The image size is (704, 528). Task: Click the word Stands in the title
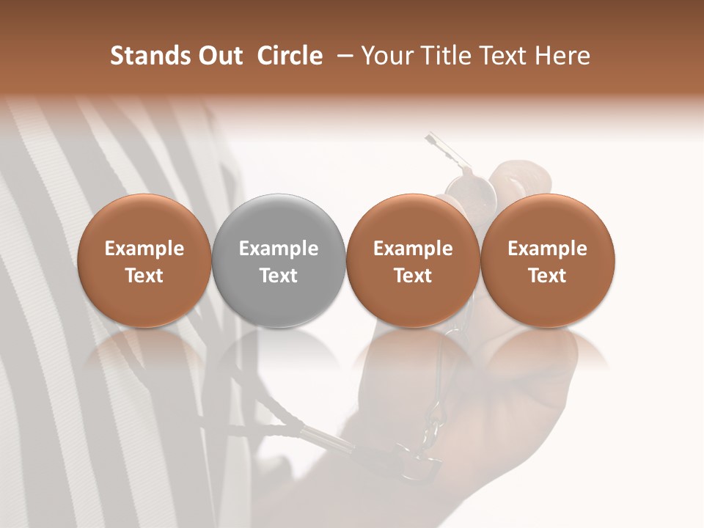147,56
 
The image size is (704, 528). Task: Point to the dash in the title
343,56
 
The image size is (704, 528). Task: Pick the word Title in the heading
447,56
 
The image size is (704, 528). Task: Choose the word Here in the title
563,56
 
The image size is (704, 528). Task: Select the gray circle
279,260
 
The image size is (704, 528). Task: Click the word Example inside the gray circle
279,249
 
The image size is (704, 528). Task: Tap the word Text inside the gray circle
279,276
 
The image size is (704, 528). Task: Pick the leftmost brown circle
144,260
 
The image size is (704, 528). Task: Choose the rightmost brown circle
547,260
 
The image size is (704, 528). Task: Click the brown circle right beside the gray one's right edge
413,260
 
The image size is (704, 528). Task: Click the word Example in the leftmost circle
144,249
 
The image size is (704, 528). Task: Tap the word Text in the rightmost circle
547,276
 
